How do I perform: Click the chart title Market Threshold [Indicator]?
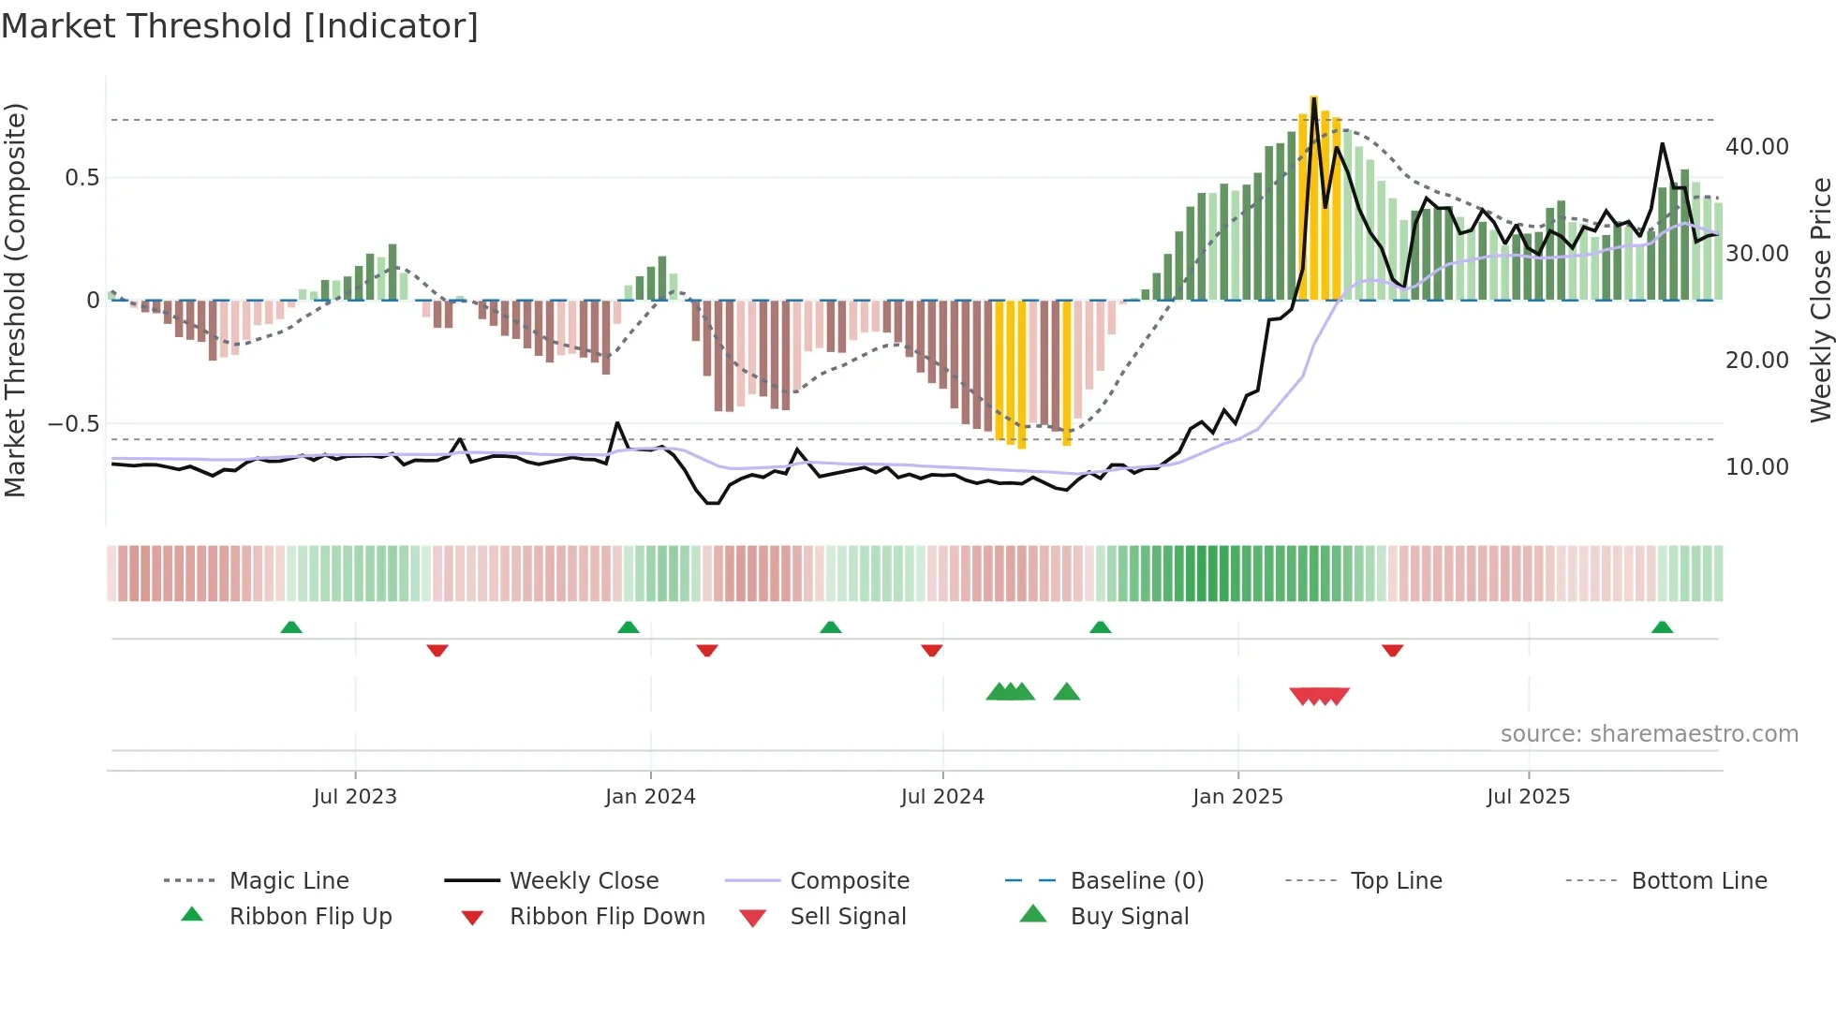[240, 26]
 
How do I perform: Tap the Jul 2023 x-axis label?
[355, 797]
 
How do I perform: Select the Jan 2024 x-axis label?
[650, 797]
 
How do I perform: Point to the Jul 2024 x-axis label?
[942, 797]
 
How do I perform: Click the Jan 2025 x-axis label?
[1237, 797]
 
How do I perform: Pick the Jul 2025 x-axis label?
[1528, 797]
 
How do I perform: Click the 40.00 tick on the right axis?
[1756, 147]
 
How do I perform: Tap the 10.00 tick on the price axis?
[1756, 467]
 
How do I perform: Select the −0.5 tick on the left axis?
[73, 424]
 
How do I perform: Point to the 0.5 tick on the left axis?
[81, 178]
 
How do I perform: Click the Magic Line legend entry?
[289, 881]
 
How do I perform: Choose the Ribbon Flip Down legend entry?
[607, 917]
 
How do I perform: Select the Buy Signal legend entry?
[1129, 917]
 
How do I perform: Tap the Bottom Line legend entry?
[1698, 881]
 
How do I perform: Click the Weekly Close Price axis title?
[1820, 300]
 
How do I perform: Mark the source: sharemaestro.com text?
[1649, 734]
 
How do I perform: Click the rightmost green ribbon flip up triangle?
[1662, 627]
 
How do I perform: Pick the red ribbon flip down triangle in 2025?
[1392, 650]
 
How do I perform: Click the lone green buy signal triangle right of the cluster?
[1066, 692]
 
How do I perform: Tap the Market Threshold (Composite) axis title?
[15, 300]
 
